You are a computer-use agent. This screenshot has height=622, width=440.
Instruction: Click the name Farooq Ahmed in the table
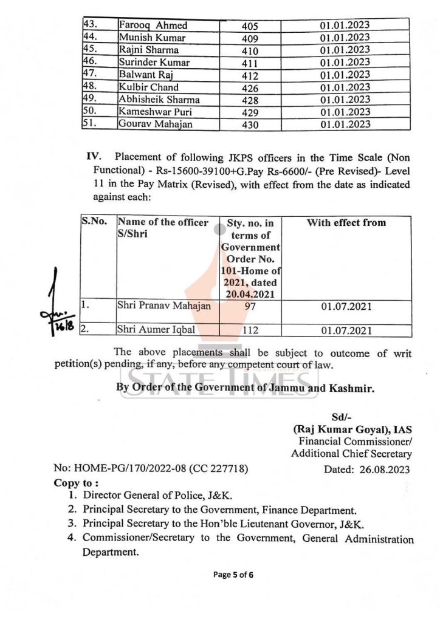[153, 26]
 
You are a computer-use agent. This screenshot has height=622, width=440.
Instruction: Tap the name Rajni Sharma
[148, 50]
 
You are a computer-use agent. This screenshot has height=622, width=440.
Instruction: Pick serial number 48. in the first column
[90, 87]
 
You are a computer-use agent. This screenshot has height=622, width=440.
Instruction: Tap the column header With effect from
[346, 223]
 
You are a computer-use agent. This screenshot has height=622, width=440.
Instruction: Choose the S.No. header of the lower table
[95, 223]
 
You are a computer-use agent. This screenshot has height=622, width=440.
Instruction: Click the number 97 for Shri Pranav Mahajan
[250, 308]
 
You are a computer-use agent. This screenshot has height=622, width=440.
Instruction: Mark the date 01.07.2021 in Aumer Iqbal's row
[346, 331]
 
